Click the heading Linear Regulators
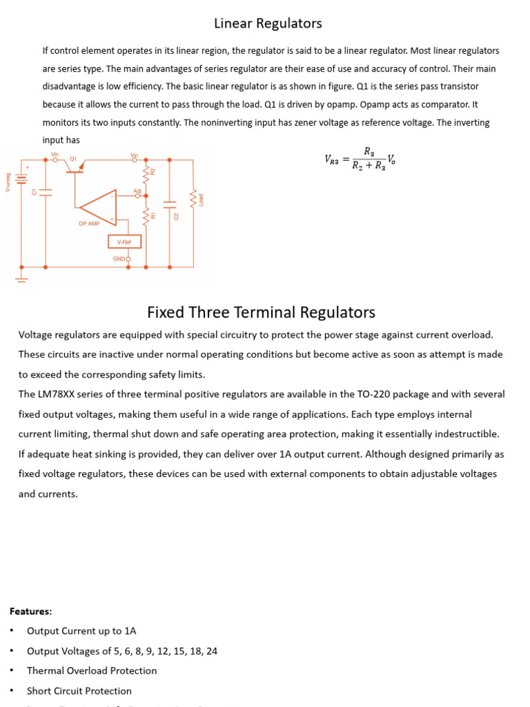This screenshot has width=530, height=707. click(x=268, y=23)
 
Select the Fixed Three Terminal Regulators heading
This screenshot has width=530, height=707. click(x=261, y=312)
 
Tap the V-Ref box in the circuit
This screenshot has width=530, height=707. click(x=124, y=242)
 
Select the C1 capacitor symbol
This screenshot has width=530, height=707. click(x=46, y=191)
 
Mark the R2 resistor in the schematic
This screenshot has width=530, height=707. click(x=145, y=173)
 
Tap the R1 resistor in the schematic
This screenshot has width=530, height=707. click(x=145, y=217)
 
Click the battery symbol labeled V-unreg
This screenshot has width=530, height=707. click(x=21, y=180)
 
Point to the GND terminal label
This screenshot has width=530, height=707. click(x=120, y=259)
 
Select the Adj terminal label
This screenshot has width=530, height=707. click(x=137, y=190)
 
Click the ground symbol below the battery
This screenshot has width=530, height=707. click(x=21, y=280)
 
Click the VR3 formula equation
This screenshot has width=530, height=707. click(x=360, y=159)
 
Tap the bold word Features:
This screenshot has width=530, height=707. click(x=30, y=611)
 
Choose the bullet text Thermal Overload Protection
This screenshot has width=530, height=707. click(x=92, y=670)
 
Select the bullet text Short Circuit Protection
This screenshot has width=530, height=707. click(x=79, y=690)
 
